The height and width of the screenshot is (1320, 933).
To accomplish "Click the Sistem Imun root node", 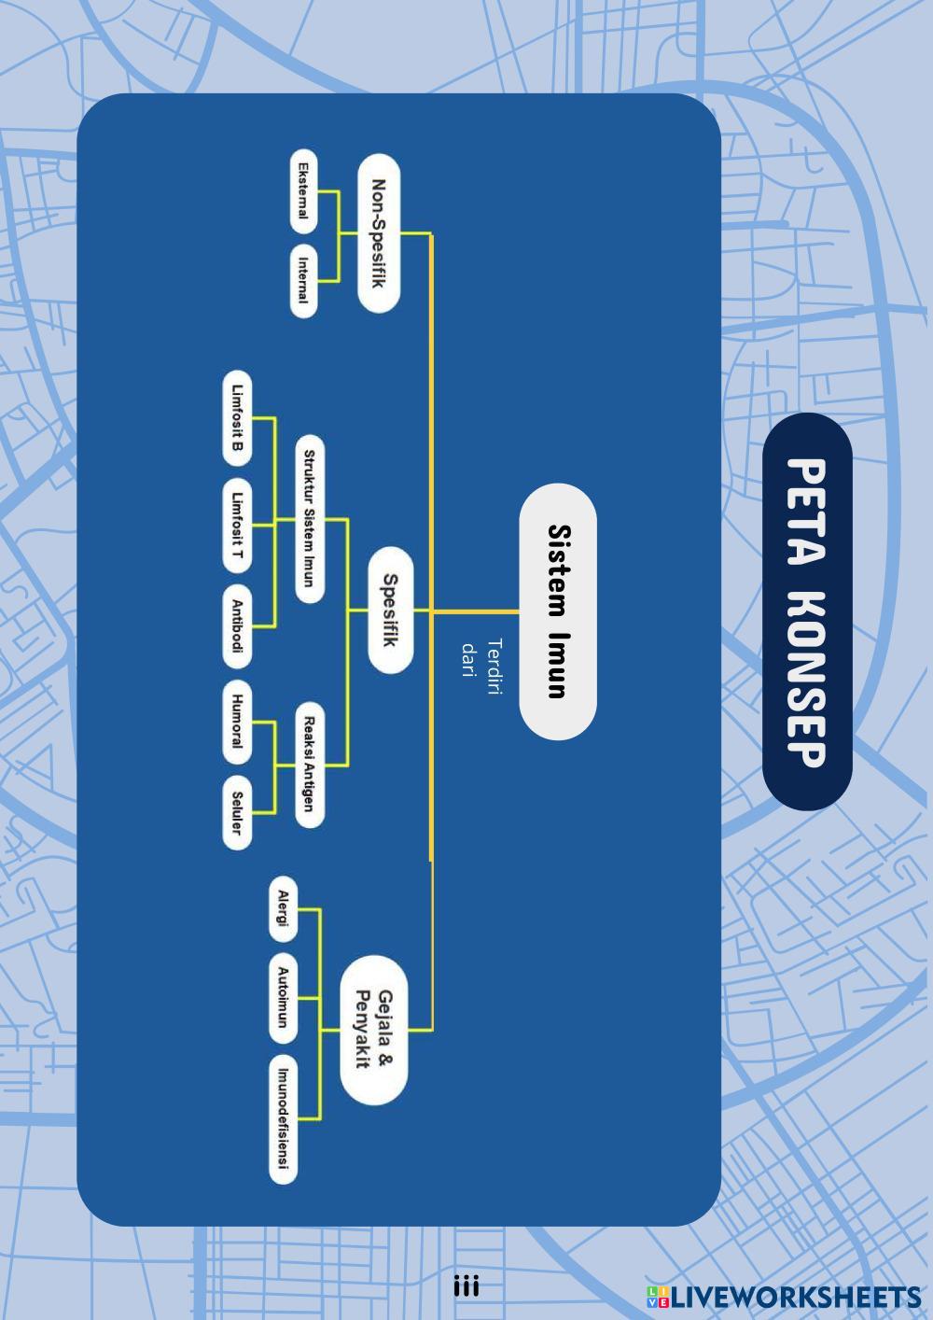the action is coord(557,611).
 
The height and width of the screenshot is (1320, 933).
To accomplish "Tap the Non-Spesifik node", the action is coord(379,233).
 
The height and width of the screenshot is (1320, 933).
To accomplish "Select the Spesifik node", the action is coord(390,611).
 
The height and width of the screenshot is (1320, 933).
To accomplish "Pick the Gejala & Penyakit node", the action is coord(373,1030).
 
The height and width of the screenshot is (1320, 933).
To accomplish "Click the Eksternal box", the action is coord(303,191).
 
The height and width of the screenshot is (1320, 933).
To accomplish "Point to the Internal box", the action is coord(303,281).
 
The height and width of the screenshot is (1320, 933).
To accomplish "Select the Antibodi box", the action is coord(238,626).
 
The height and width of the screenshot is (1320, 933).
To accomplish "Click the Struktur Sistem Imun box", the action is coord(310,518).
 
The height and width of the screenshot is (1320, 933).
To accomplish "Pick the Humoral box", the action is coord(238,721).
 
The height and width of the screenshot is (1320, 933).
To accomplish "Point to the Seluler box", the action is coord(238,811).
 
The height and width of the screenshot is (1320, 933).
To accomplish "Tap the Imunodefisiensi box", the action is coord(283,1119).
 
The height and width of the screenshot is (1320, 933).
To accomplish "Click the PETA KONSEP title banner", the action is coord(807,611).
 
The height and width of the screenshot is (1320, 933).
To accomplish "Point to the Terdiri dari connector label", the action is coord(481,658).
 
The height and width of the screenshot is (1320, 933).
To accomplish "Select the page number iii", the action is coord(466,1286).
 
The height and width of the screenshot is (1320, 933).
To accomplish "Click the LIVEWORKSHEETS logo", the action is coord(784,1297).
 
